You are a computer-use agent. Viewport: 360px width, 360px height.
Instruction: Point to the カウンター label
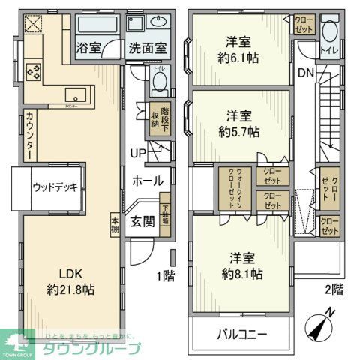28,134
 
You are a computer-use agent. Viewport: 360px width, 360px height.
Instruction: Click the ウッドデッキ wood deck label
55,187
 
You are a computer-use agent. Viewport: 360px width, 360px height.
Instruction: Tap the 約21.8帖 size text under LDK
70,289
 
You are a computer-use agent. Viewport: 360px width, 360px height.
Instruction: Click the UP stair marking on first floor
137,154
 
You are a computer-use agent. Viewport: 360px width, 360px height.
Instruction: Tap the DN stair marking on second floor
306,73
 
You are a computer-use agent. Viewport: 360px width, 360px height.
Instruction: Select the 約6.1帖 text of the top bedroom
238,57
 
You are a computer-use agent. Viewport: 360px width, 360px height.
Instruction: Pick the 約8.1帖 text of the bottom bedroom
241,274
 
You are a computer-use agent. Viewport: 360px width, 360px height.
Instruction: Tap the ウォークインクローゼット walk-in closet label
235,190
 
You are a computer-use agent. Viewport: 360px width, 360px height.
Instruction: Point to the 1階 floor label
165,275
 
